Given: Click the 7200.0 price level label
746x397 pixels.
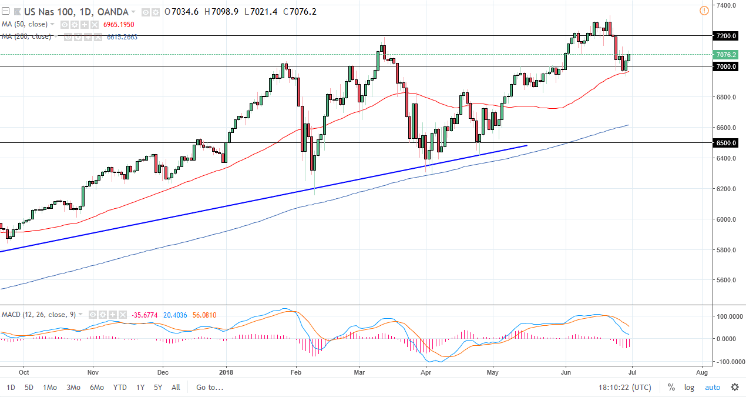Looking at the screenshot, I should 726,36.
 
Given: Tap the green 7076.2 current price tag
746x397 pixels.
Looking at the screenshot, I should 726,55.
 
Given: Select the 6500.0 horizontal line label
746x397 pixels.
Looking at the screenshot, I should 726,143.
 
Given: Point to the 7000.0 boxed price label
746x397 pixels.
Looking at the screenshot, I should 726,66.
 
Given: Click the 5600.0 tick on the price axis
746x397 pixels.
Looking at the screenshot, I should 727,281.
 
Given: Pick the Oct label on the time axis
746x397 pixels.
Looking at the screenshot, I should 24,372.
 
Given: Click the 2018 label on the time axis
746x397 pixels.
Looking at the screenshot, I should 226,372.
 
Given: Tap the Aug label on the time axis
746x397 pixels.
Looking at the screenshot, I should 701,372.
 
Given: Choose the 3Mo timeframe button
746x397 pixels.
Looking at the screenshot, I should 73,387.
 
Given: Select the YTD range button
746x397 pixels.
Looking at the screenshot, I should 120,387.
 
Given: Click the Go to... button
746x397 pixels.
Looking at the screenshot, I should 210,387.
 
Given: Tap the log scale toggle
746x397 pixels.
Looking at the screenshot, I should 689,387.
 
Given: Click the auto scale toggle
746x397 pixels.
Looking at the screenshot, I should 712,387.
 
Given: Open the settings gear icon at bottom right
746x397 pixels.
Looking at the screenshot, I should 734,387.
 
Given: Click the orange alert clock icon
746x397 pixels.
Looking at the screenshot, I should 704,11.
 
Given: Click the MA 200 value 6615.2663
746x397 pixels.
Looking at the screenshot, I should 122,36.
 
